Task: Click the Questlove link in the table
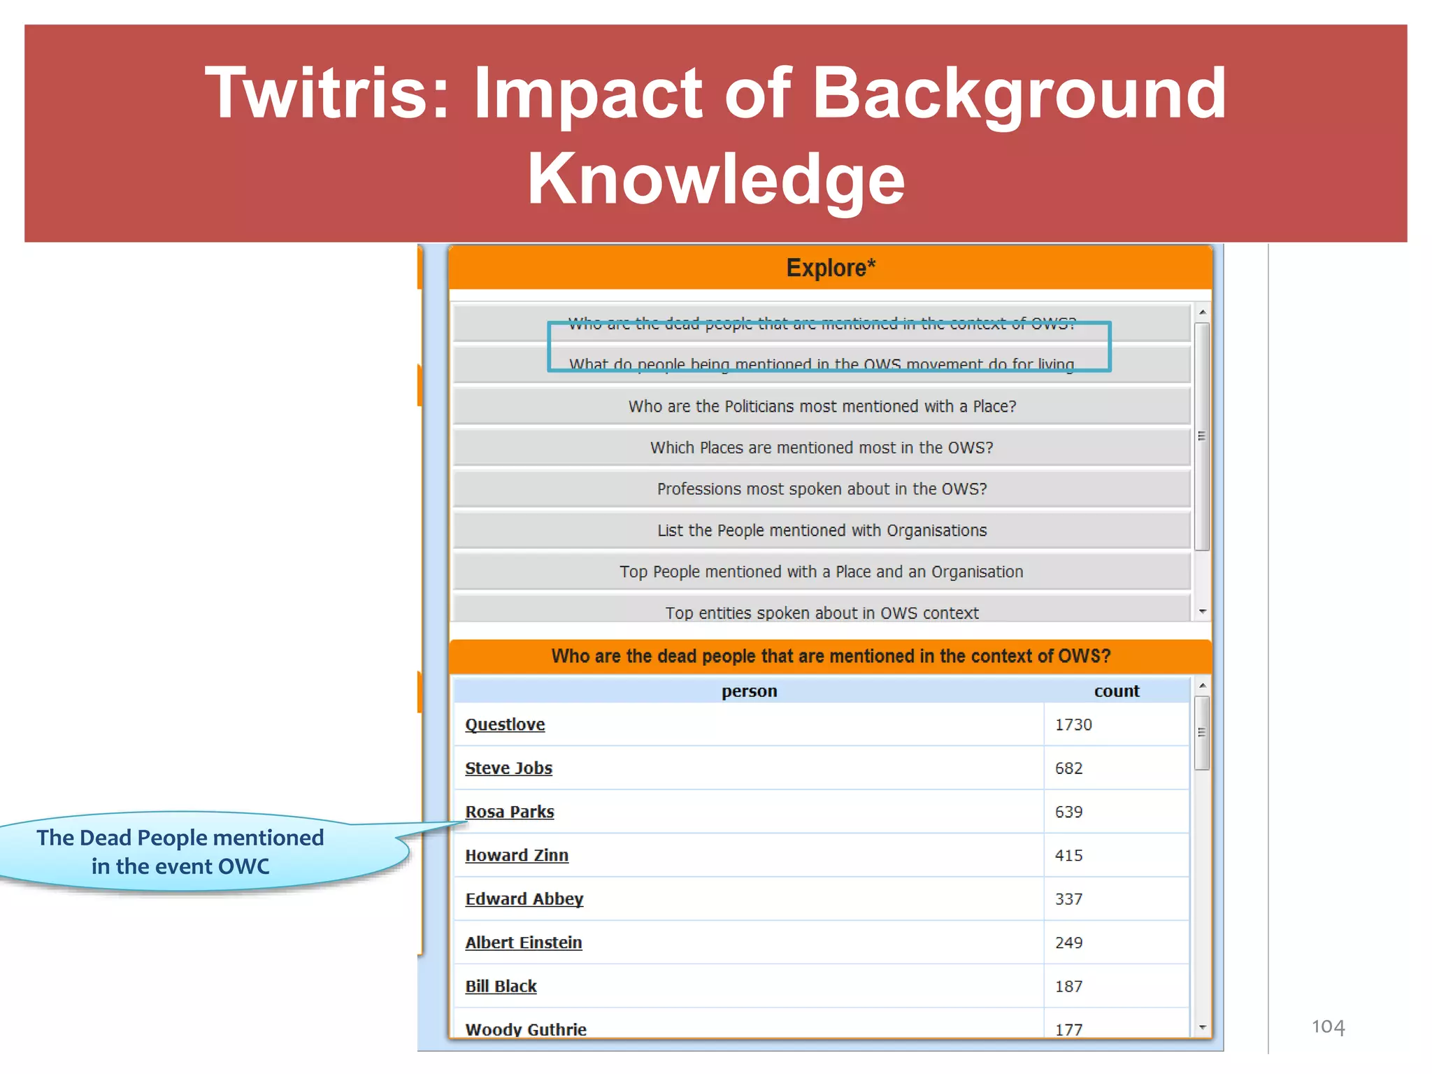(505, 724)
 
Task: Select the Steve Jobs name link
(508, 768)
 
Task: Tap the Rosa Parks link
(510, 812)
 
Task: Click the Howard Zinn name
(517, 855)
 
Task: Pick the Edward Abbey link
(524, 899)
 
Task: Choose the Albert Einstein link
(524, 943)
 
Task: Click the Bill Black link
(501, 987)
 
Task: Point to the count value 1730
(1073, 724)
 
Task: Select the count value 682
(1068, 768)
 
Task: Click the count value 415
(1068, 855)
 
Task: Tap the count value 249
(1068, 943)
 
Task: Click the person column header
(749, 691)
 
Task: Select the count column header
(1116, 691)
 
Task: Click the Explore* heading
(830, 268)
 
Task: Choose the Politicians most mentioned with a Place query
(822, 406)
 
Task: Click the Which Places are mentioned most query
(822, 447)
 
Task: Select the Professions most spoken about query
(822, 489)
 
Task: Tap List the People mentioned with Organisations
(822, 530)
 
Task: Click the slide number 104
(1328, 1026)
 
